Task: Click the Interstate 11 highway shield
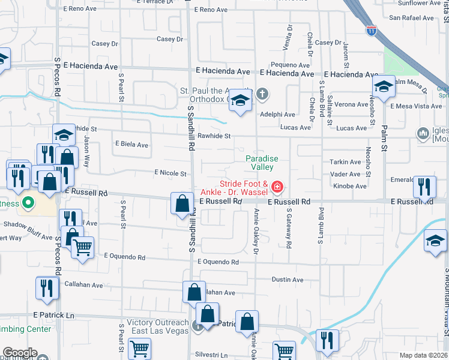point(372,30)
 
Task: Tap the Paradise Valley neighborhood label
point(262,163)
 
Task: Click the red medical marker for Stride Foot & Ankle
point(277,187)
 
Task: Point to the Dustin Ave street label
point(288,280)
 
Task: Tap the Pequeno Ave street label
point(290,65)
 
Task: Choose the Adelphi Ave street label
point(277,115)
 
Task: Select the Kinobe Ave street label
point(349,186)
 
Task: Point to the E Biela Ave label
point(131,145)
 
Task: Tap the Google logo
point(19,353)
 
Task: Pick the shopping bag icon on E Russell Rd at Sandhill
point(182,204)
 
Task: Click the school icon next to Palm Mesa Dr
point(383,87)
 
